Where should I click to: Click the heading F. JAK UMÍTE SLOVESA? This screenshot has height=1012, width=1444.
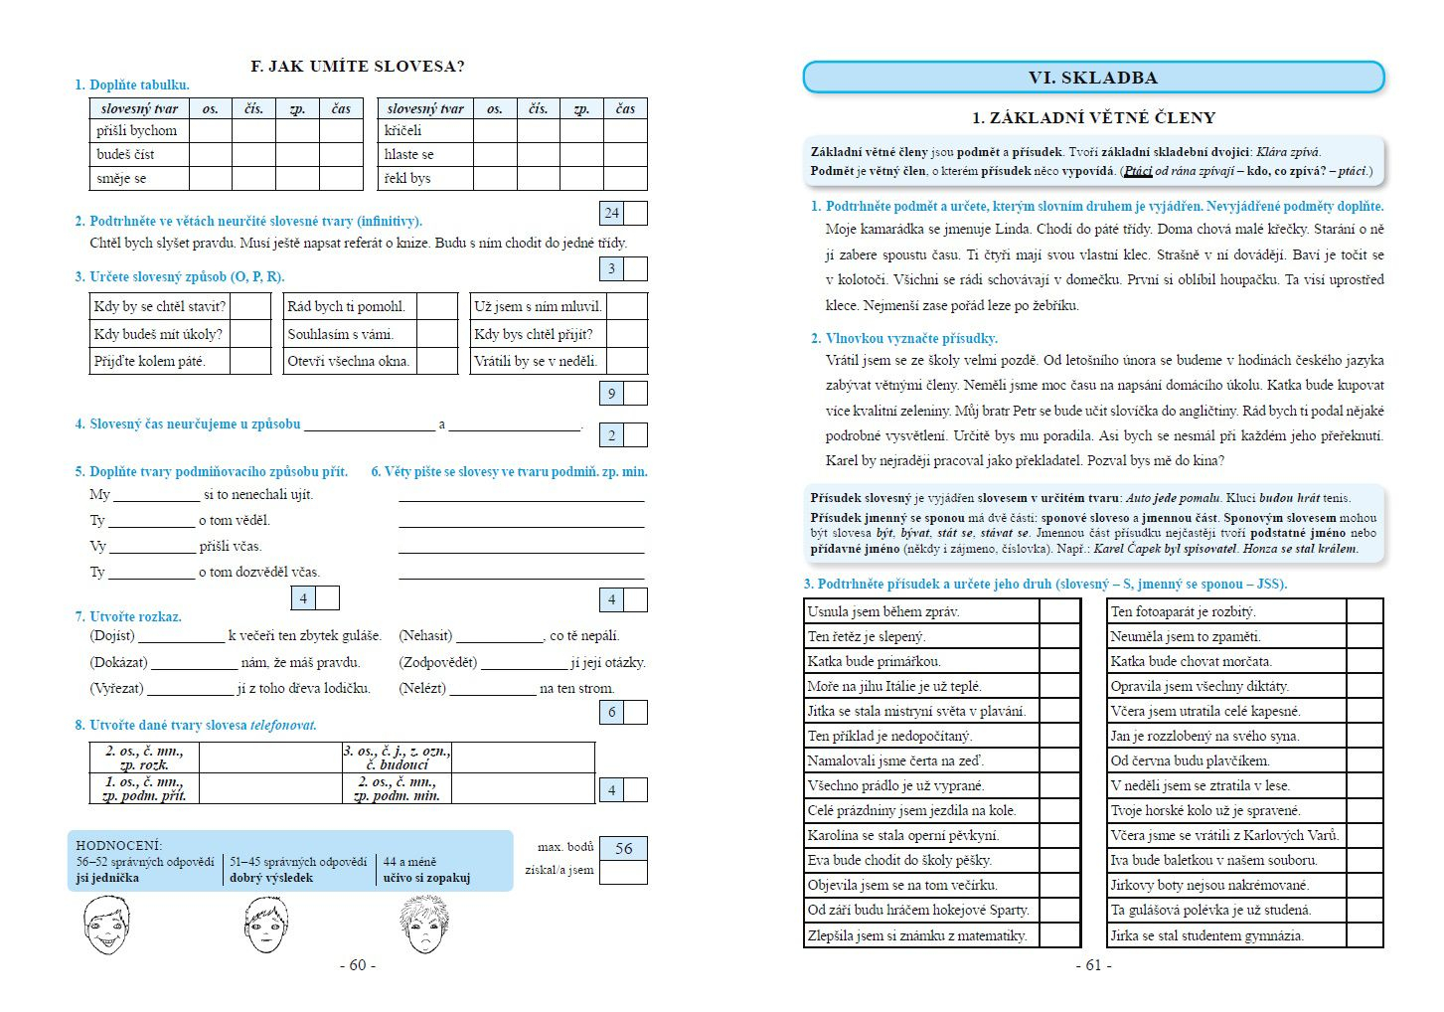(358, 67)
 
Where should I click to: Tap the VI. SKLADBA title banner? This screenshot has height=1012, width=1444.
(1092, 78)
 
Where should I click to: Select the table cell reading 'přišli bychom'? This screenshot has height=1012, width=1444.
(137, 131)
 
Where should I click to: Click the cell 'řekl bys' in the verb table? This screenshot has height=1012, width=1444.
(407, 179)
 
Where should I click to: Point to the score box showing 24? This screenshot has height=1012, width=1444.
(612, 213)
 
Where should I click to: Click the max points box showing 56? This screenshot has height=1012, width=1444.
(623, 848)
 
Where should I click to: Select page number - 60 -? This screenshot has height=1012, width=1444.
(358, 965)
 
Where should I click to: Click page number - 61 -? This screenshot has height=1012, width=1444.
(1093, 965)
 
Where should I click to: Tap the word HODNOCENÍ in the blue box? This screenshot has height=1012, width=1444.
(119, 845)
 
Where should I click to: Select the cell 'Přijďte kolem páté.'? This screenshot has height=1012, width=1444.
(150, 361)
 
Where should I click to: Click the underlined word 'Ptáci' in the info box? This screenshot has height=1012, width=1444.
(1138, 171)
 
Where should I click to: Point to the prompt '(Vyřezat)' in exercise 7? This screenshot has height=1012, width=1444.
(116, 688)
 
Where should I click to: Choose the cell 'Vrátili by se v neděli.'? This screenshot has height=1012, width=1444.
(536, 361)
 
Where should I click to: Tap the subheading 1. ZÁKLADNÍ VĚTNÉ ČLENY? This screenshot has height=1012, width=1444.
(1093, 118)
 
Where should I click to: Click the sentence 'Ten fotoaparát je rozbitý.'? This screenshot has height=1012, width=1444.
(1183, 611)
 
